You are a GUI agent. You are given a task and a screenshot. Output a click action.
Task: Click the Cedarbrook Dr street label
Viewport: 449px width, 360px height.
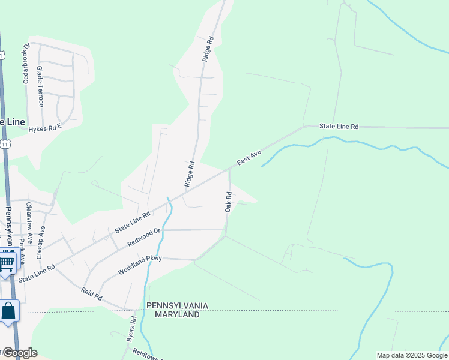pos(26,63)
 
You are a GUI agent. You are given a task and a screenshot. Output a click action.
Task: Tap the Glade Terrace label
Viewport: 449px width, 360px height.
pos(40,86)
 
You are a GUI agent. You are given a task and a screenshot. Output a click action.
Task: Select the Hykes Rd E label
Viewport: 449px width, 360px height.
pos(45,128)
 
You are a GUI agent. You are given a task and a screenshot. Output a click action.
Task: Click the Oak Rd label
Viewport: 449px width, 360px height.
pos(228,202)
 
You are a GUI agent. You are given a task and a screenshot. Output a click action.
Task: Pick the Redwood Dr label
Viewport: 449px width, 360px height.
pos(145,238)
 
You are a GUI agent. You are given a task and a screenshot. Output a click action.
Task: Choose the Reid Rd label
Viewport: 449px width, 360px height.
pos(92,293)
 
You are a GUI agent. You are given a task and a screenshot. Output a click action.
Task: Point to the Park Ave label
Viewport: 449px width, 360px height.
pos(22,251)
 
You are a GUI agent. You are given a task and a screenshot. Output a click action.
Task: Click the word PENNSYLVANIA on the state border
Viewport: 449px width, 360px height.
pos(177,306)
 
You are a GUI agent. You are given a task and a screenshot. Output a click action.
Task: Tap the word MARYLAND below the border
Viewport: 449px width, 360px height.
pos(177,314)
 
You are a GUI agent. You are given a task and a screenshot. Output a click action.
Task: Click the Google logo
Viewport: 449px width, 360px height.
pos(19,353)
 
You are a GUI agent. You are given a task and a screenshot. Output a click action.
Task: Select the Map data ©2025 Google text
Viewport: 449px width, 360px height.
pos(411,355)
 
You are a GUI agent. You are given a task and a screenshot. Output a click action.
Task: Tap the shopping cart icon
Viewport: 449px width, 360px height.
pos(6,262)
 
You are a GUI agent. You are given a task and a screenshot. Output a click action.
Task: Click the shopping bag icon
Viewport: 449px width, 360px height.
pos(8,311)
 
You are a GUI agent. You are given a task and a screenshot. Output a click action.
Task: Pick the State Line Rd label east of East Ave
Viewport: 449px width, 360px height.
pos(339,127)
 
